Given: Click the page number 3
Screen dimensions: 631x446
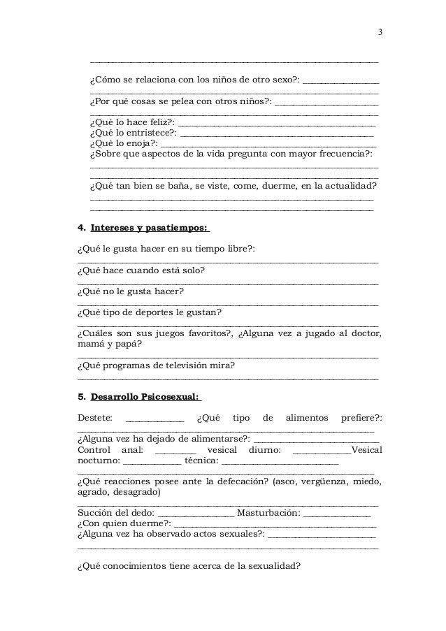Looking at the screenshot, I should pyautogui.click(x=380, y=32).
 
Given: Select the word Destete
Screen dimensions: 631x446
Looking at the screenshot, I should pyautogui.click(x=94, y=418).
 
